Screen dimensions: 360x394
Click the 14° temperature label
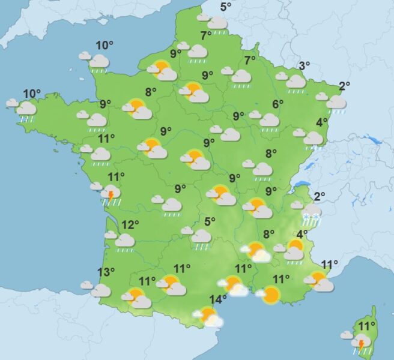click(218, 299)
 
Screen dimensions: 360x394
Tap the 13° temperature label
click(106, 272)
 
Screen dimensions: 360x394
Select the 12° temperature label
click(130, 226)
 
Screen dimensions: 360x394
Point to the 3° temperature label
click(305, 66)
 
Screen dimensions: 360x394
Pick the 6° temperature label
click(277, 104)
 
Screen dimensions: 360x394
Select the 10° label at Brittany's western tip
click(32, 94)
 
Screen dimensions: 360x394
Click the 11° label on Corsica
click(363, 326)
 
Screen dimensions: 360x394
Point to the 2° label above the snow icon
click(319, 196)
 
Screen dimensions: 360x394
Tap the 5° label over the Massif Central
click(210, 221)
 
